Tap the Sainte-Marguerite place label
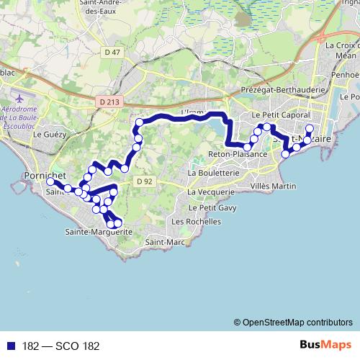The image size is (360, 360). point(98,232)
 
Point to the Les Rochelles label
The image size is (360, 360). point(196,222)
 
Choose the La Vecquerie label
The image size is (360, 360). point(211,192)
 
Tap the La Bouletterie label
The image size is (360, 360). point(213,173)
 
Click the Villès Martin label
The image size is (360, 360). point(274,186)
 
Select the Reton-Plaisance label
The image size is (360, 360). point(238,155)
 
